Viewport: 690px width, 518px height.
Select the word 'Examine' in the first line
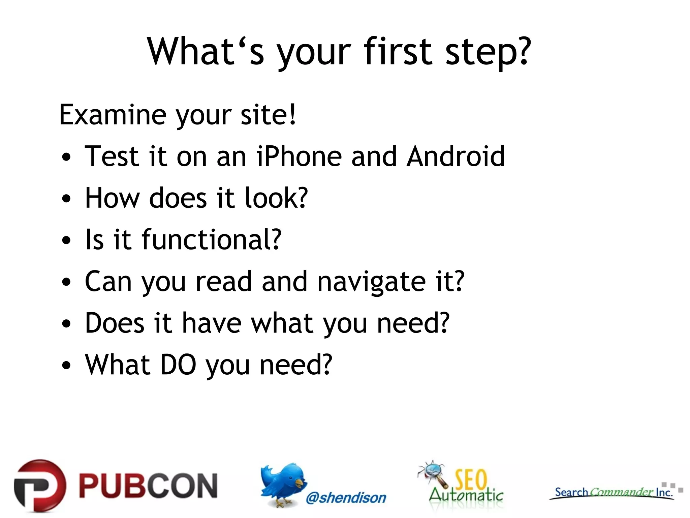pos(113,115)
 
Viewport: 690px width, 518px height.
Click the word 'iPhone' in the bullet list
pos(299,156)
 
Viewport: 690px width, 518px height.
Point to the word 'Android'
pos(456,156)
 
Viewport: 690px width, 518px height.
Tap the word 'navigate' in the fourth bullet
pos(371,282)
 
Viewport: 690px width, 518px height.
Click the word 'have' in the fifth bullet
pos(212,323)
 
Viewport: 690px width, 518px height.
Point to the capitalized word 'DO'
pos(178,365)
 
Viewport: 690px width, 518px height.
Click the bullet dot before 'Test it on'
pos(67,157)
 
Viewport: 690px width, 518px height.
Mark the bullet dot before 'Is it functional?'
pos(67,241)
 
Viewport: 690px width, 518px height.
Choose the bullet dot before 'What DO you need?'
pos(67,366)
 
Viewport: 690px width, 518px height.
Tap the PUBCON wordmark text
pos(148,486)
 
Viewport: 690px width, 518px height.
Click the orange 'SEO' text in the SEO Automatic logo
pos(471,479)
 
